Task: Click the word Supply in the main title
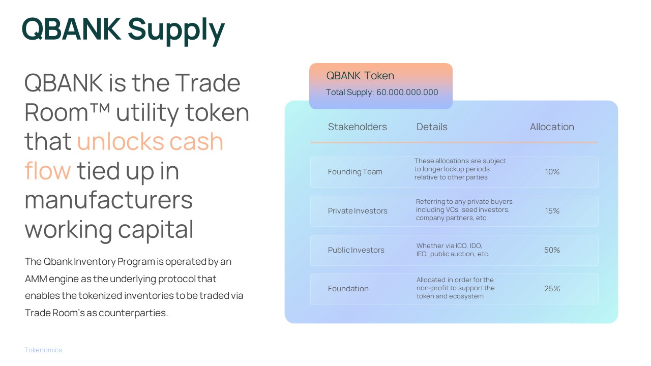(176, 30)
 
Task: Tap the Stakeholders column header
(357, 127)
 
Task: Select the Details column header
(432, 127)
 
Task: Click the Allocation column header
(552, 127)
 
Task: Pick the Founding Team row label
(355, 172)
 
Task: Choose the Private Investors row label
(358, 211)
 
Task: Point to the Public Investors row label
(356, 250)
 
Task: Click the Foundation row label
(348, 289)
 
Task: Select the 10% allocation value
(552, 172)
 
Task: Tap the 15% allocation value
(552, 211)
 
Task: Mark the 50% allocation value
(552, 250)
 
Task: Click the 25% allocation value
(552, 289)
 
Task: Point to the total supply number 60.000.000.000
(407, 93)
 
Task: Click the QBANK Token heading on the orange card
(360, 76)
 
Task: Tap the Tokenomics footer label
(43, 350)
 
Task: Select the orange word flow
(48, 171)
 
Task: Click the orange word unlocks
(120, 142)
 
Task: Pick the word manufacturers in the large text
(109, 200)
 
